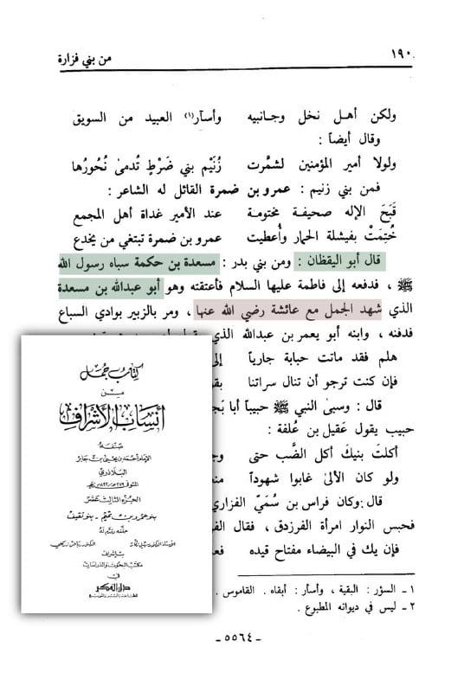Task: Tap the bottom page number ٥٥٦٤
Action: pos(232,665)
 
